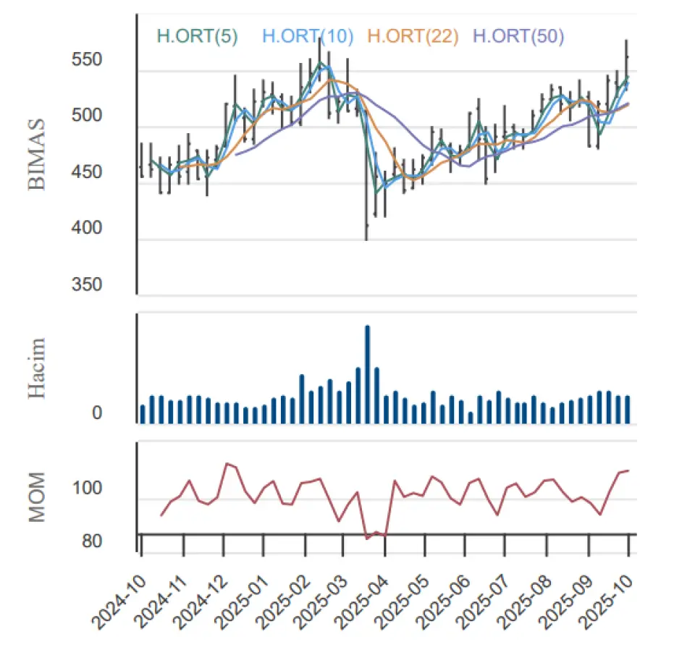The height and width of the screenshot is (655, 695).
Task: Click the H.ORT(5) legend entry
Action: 197,36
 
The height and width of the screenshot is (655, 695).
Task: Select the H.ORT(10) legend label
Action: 308,36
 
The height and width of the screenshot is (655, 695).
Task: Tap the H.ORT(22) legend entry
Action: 413,36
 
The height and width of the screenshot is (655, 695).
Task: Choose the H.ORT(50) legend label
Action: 518,36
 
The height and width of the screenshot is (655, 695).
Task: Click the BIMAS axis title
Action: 38,153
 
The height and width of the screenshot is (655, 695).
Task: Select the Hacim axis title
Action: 38,368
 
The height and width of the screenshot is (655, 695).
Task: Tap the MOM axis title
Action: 38,497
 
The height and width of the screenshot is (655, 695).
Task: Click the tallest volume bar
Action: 368,373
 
